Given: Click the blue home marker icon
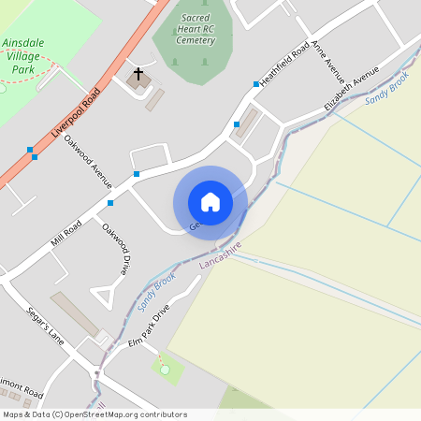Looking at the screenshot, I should (210, 201).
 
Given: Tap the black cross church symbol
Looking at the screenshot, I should (139, 73).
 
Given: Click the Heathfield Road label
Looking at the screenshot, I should (284, 65).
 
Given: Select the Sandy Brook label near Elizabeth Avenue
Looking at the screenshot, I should (387, 93).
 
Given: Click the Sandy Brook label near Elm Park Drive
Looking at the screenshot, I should (156, 293).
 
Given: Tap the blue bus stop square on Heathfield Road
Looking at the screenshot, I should (255, 84).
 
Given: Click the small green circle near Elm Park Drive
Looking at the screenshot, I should (166, 370).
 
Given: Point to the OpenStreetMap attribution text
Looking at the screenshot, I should (94, 414).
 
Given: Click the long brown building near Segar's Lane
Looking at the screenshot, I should (75, 314).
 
